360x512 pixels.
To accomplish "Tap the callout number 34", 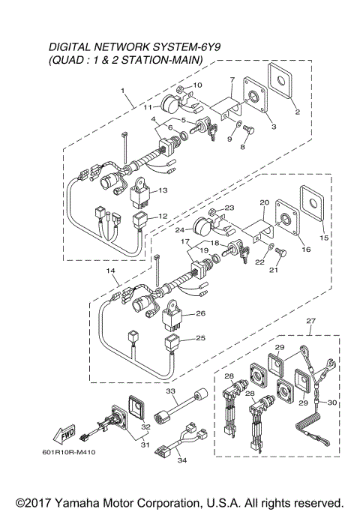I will tap(181, 460).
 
